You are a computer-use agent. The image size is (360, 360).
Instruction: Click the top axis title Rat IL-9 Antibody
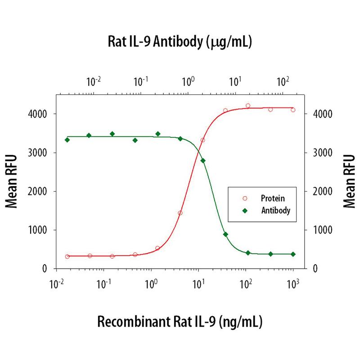click(x=179, y=43)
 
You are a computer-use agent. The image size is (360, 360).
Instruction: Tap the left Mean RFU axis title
click(x=13, y=181)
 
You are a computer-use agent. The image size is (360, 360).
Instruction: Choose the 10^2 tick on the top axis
click(x=282, y=82)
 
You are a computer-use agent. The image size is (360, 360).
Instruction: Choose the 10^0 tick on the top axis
click(x=188, y=82)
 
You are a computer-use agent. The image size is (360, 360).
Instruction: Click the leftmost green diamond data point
click(x=67, y=140)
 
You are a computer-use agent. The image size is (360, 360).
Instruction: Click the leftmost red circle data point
click(x=67, y=256)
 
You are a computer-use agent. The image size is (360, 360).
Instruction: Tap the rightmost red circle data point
click(x=293, y=110)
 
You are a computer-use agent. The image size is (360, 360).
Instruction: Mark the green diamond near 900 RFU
click(x=225, y=234)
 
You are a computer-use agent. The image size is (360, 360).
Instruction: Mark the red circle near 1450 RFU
click(x=180, y=213)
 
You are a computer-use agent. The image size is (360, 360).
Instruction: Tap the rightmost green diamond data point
click(x=293, y=254)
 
